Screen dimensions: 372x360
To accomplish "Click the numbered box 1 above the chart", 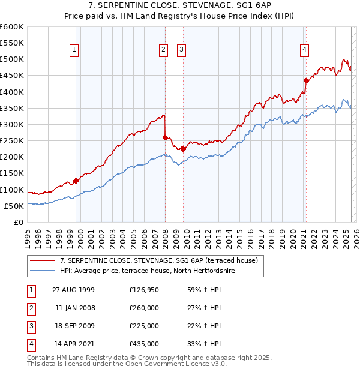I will [73, 50].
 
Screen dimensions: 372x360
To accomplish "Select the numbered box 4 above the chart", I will [305, 50].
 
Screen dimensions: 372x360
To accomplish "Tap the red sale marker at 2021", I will [306, 80].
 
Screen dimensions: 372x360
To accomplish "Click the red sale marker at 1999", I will [76, 181].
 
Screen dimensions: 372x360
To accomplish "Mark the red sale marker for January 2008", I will [165, 137].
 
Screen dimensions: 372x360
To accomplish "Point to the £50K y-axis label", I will [14, 206].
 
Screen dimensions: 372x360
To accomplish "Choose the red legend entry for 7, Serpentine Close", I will [159, 260].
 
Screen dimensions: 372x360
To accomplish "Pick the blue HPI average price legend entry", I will [147, 271].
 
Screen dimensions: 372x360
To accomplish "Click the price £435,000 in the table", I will [144, 344].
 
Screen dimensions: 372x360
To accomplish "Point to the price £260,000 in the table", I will [144, 308].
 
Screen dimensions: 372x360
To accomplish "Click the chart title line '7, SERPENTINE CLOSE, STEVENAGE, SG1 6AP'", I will [180, 7].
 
